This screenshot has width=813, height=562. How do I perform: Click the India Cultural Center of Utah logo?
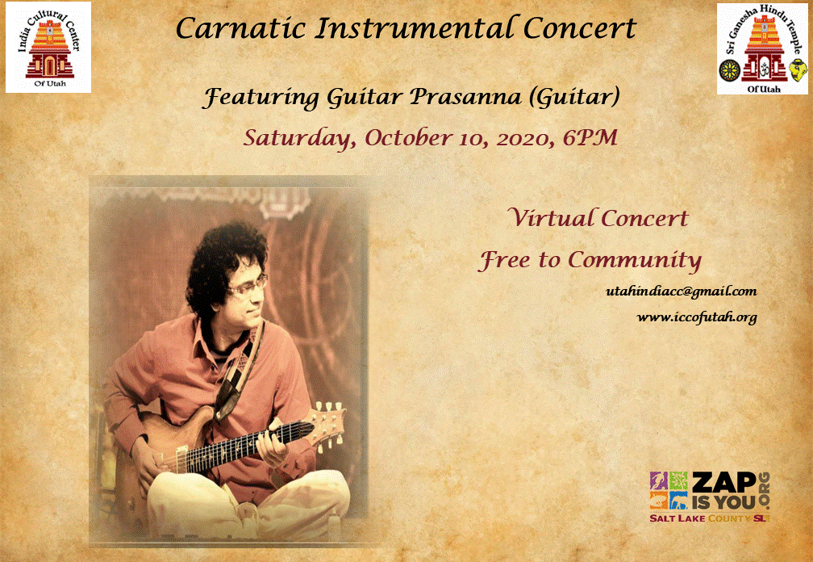point(48,47)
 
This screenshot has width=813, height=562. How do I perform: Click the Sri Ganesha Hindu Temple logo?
point(762,48)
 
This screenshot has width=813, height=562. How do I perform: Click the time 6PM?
point(590,137)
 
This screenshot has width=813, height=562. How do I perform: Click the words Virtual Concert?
point(597,218)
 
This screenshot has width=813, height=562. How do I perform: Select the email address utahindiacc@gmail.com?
point(682,291)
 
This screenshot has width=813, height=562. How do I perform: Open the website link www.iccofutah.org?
point(697,317)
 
